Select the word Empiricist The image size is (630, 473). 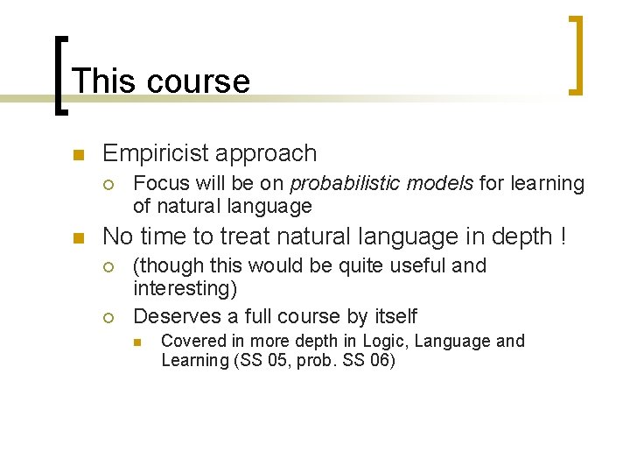click(x=153, y=154)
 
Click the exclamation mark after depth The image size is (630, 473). click(x=562, y=236)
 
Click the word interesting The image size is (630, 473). click(x=184, y=289)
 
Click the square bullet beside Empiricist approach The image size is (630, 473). click(x=77, y=156)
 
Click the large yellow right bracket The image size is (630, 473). click(x=575, y=54)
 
